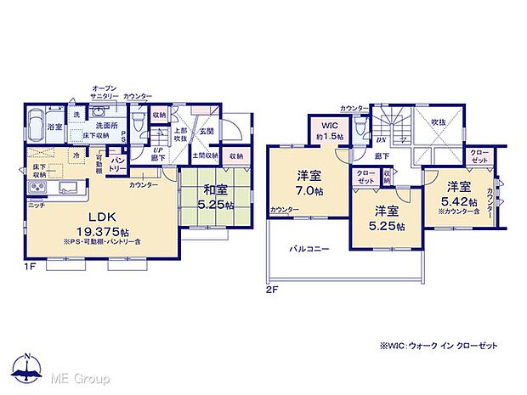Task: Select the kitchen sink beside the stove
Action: (x=69, y=188)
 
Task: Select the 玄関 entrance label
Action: (x=207, y=131)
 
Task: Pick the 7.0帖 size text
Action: (x=308, y=192)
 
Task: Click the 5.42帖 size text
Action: (x=459, y=201)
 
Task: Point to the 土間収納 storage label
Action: (x=204, y=155)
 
